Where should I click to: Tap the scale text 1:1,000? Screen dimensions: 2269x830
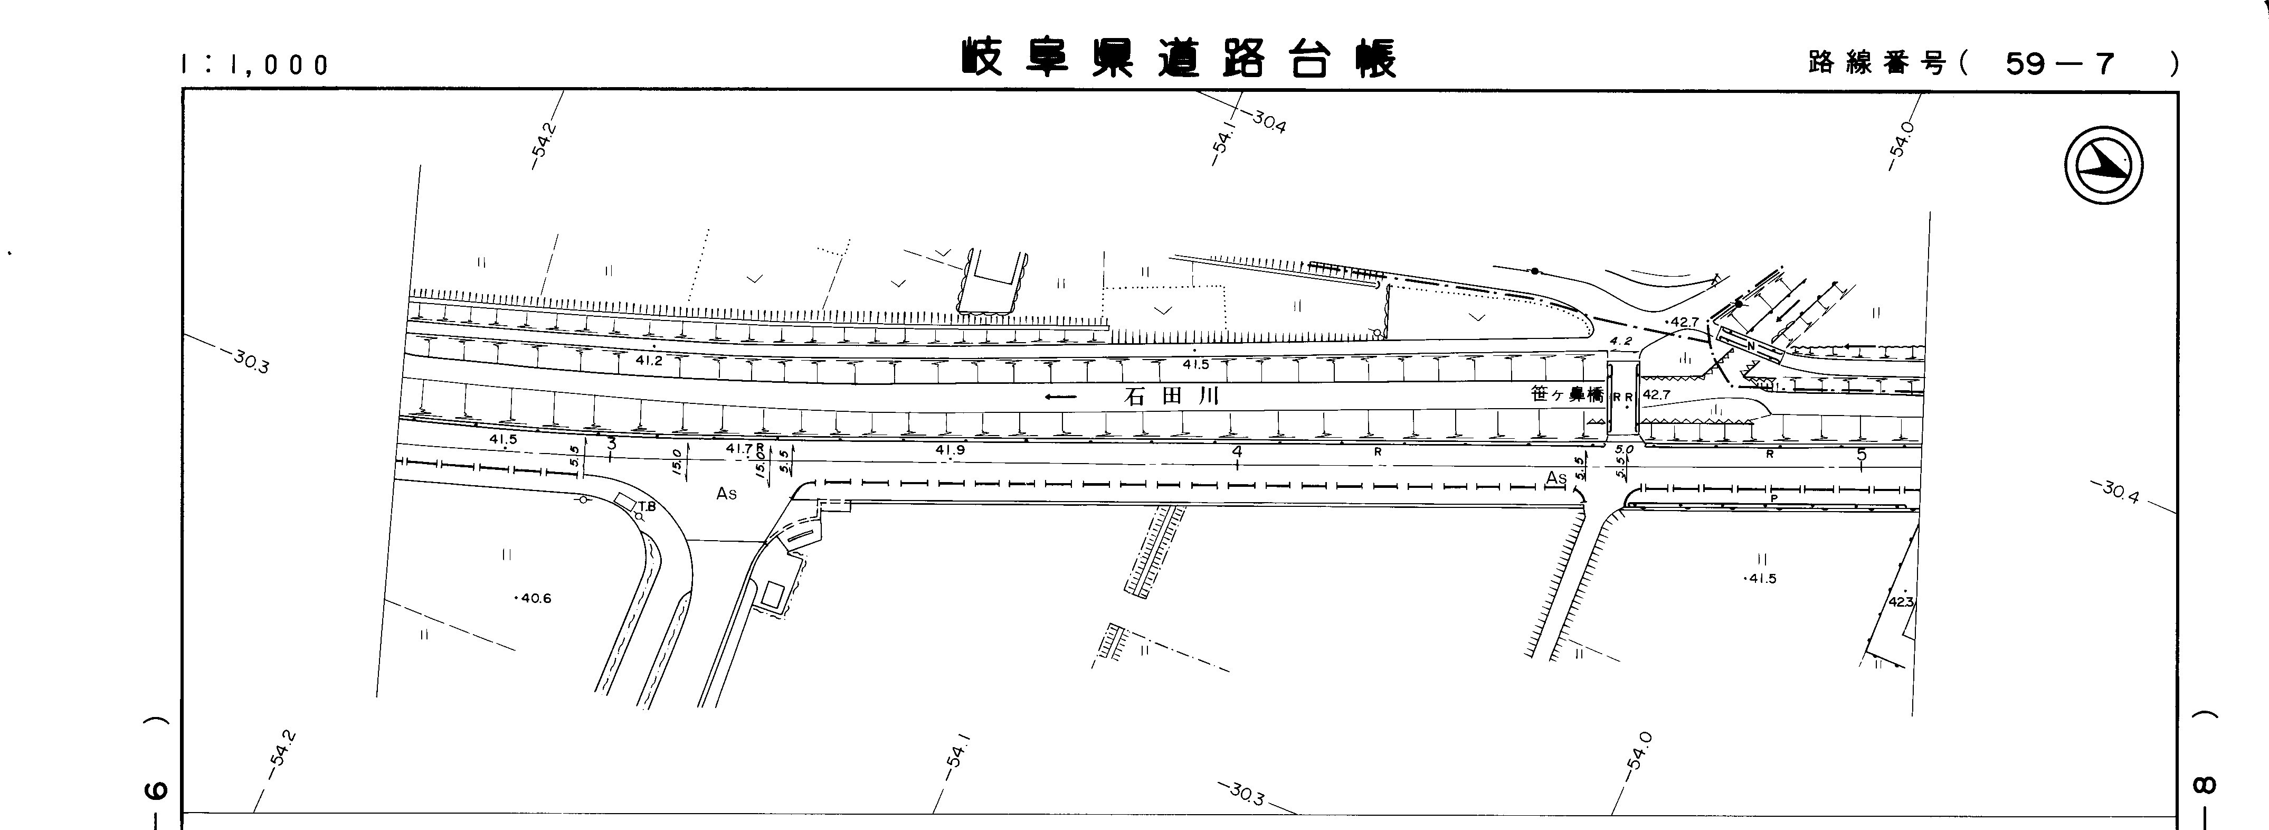pos(254,65)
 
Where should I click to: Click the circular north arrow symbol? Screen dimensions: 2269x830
pos(2103,166)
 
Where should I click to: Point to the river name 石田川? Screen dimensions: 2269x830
pos(1172,397)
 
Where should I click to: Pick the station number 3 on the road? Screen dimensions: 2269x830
pos(611,446)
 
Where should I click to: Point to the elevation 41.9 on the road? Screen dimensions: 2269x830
pos(950,450)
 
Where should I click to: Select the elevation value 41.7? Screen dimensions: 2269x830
pos(739,448)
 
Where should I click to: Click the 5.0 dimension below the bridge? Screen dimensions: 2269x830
pos(1624,449)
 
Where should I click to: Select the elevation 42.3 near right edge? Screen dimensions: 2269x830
pos(1900,602)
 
